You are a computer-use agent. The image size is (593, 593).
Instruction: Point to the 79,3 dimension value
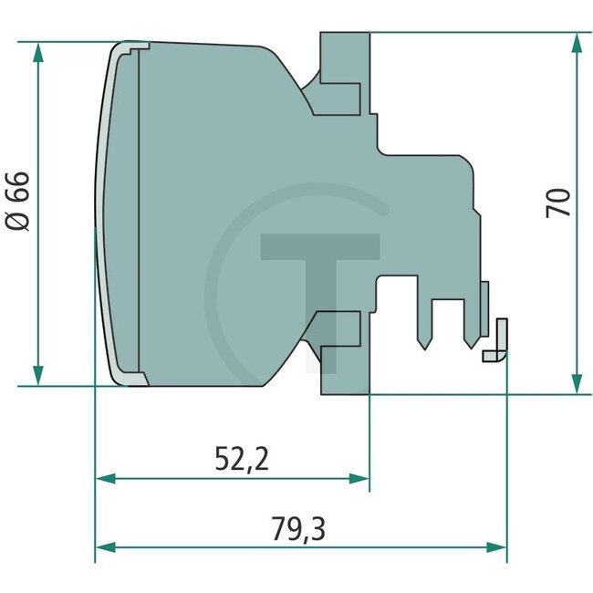point(300,528)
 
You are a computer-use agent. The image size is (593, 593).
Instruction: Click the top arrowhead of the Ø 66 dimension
point(37,52)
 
